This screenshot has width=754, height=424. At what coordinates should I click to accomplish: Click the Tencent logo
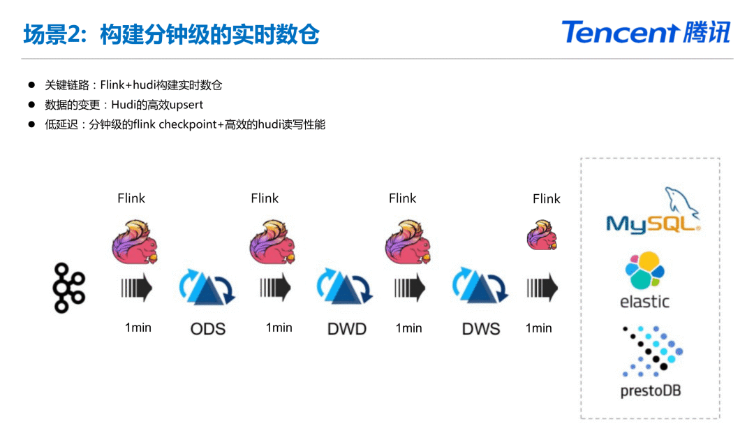click(x=645, y=32)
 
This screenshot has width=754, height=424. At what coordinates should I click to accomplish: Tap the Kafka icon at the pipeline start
click(x=69, y=287)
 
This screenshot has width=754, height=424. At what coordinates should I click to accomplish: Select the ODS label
click(x=208, y=328)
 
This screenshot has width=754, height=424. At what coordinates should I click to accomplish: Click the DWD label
click(x=347, y=328)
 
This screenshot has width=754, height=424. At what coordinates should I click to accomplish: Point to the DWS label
click(x=481, y=328)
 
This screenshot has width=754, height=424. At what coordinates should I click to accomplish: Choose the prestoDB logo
click(x=650, y=362)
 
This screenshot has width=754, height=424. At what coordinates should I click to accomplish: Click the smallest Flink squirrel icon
click(x=542, y=235)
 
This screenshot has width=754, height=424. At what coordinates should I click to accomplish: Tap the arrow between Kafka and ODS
click(x=137, y=288)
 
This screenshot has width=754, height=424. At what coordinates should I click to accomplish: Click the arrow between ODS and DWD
click(x=276, y=288)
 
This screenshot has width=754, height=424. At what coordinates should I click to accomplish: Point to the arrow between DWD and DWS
click(x=410, y=288)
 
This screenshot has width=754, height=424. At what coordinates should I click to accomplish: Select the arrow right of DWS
click(x=542, y=288)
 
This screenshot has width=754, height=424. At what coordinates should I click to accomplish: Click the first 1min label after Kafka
click(x=138, y=328)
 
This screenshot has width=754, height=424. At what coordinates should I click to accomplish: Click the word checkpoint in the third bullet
click(x=189, y=125)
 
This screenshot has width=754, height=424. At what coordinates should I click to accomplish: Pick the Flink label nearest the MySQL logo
click(x=547, y=199)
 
